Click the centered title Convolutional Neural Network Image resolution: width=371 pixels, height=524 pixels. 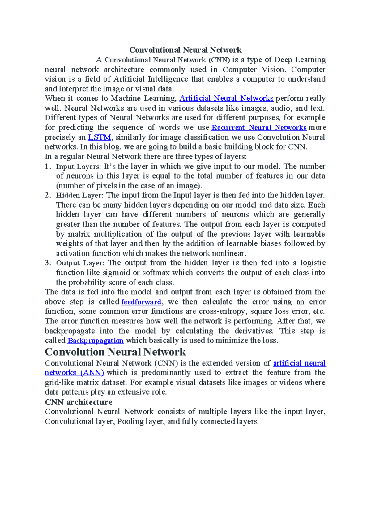point(185,50)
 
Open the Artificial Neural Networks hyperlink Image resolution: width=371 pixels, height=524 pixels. point(226,98)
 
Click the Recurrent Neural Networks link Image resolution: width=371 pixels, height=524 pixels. point(259,128)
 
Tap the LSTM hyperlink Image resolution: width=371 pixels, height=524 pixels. point(99,137)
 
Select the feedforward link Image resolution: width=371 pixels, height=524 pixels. point(141,302)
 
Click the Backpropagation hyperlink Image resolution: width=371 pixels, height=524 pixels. point(95,340)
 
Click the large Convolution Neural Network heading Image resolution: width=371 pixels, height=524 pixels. point(115,352)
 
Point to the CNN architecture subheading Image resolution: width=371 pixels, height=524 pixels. point(79,402)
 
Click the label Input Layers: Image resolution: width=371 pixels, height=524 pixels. point(78,167)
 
